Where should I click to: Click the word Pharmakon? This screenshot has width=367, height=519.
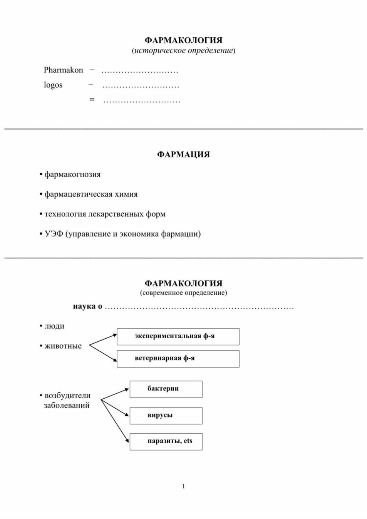pos(63,70)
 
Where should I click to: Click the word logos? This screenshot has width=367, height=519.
pos(53,85)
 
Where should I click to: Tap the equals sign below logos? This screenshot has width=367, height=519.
pos(92,100)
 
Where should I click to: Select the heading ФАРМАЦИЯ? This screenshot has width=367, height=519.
pos(183,154)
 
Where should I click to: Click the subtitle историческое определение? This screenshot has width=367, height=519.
pos(183,50)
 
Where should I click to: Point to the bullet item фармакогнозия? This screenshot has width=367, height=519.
pos(70,174)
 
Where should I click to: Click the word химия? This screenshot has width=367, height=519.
pos(126,194)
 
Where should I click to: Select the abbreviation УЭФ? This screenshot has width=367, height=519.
pos(54,234)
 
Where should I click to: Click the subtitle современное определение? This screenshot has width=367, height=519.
pos(183,293)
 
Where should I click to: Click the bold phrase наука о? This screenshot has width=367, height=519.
pos(87,306)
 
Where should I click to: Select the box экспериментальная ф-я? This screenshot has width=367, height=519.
pos(178,337)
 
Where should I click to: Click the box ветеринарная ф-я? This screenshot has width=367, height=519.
pos(178,359)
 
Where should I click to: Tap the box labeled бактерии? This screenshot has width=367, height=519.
pos(166,389)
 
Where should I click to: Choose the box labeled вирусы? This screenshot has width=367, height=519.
pos(166,416)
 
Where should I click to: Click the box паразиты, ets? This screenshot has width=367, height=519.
pos(166,442)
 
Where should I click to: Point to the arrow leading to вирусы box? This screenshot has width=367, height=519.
pos(115,408)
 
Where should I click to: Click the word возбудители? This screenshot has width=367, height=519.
pos(67,396)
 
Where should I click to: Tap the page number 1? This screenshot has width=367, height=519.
pos(184,486)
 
